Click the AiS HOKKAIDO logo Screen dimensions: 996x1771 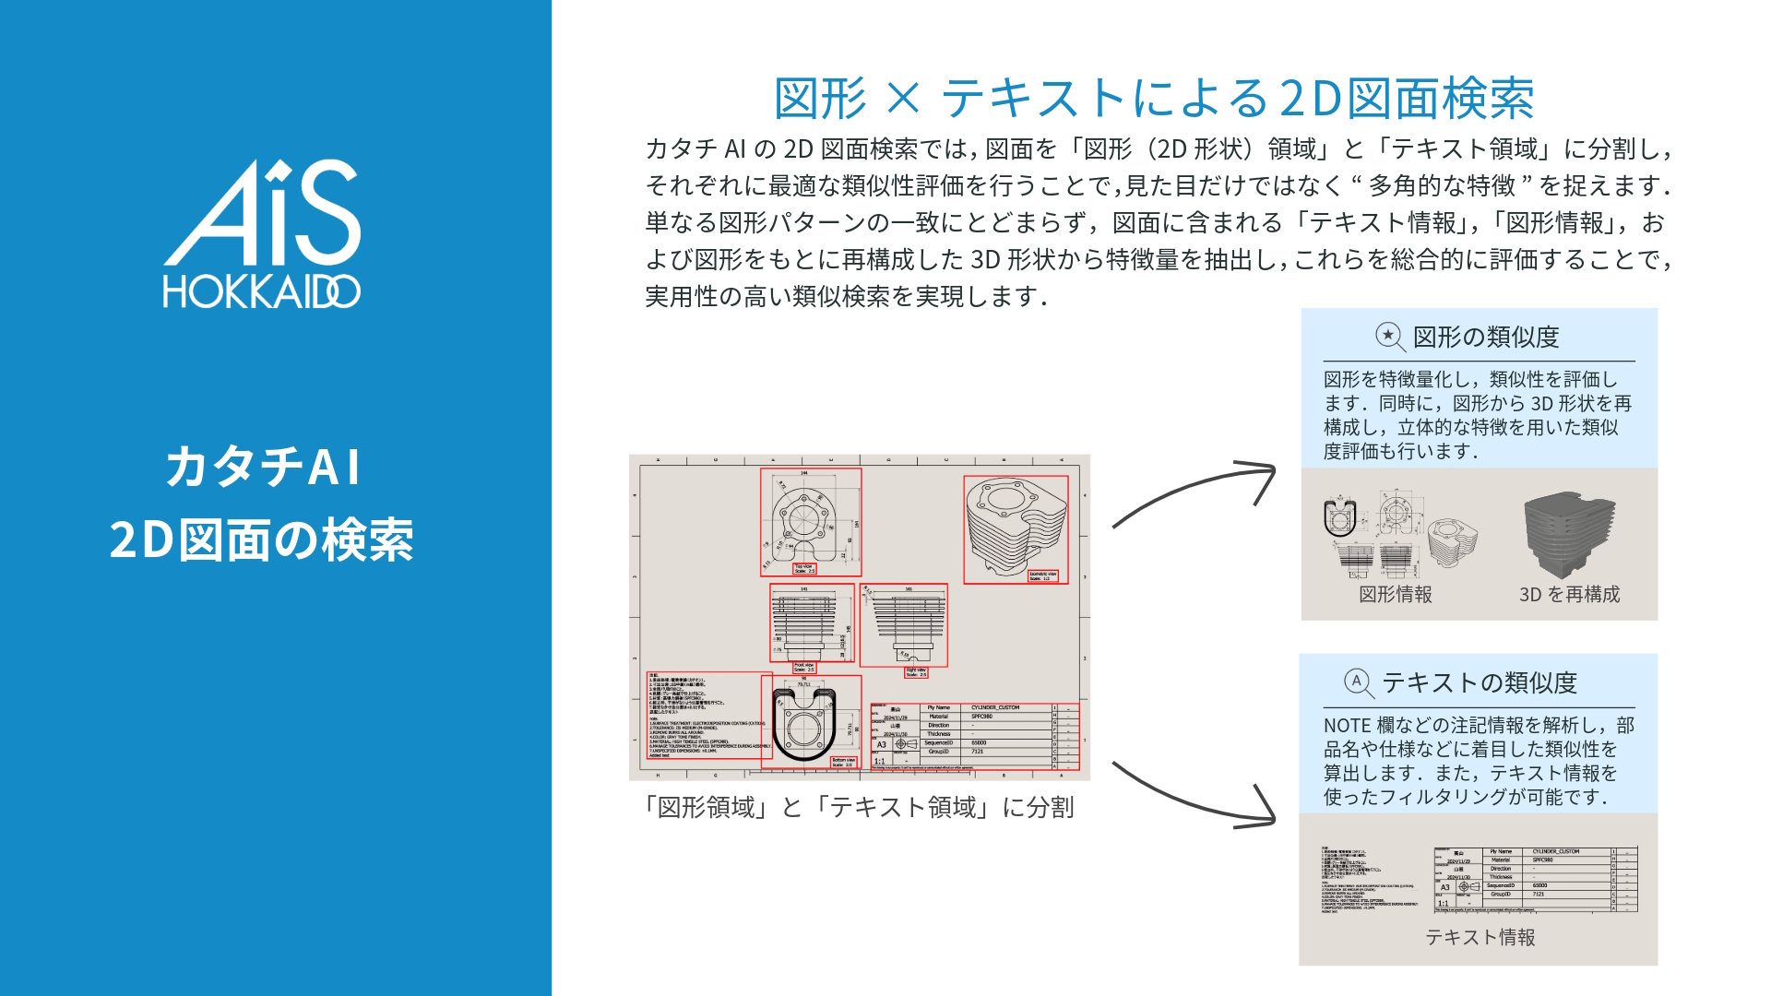pyautogui.click(x=262, y=234)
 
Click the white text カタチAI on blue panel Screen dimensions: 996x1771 pyautogui.click(x=263, y=467)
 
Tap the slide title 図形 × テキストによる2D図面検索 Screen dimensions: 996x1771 pyautogui.click(x=1153, y=99)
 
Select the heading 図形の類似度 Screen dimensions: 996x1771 pyautogui.click(x=1485, y=338)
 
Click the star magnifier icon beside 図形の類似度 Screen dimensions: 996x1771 pyautogui.click(x=1390, y=337)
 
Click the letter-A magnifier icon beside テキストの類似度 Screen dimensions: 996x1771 pyautogui.click(x=1359, y=682)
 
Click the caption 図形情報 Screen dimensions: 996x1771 pyautogui.click(x=1395, y=595)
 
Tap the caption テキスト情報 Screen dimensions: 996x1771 pyautogui.click(x=1480, y=937)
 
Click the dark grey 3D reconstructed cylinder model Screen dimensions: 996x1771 pyautogui.click(x=1569, y=535)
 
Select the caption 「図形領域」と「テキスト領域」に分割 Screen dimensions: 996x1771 pyautogui.click(x=858, y=808)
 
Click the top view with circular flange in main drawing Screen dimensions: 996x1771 pyautogui.click(x=810, y=521)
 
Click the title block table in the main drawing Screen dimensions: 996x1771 pyautogui.click(x=974, y=736)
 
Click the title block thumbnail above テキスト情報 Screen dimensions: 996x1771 pyautogui.click(x=1535, y=879)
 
